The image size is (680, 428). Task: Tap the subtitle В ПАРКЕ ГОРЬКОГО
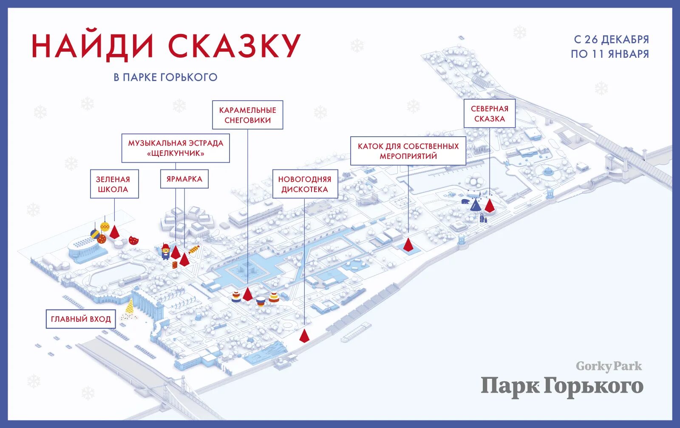tap(165, 77)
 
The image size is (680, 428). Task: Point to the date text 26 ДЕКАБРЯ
tap(616, 39)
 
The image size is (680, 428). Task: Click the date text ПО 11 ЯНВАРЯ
tap(610, 54)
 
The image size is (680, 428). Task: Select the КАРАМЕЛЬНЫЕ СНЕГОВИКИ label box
tap(247, 115)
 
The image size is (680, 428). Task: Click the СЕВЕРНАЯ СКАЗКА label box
tap(489, 114)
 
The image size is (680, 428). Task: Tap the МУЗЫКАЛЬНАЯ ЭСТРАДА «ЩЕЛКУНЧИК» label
tap(176, 148)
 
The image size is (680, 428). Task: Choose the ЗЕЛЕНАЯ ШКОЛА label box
tap(114, 184)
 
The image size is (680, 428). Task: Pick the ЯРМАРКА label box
tap(184, 179)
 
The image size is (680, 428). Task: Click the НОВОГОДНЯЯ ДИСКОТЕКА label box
tap(305, 184)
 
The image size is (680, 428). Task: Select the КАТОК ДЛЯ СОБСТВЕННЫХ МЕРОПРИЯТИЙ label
tap(408, 151)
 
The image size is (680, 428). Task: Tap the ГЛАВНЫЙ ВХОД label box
tap(81, 319)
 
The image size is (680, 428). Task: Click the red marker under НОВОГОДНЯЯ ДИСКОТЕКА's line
tap(304, 335)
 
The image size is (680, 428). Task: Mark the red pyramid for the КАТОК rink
tap(408, 245)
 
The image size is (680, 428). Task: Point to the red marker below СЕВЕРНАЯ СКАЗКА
tap(490, 205)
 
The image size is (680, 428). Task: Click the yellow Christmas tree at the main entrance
tap(130, 308)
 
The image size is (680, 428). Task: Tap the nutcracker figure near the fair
tap(165, 251)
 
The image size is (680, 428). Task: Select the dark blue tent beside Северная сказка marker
tap(476, 206)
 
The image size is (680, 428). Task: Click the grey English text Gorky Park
tap(609, 366)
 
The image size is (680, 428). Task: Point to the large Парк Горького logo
tap(562, 386)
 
